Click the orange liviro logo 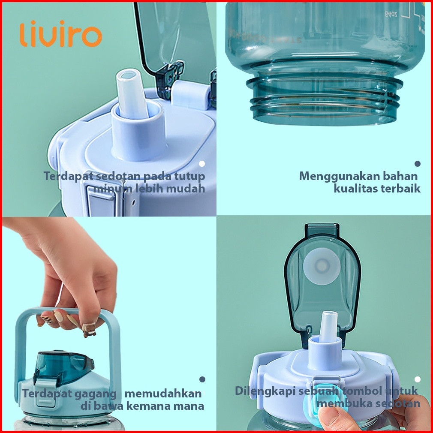coord(61,34)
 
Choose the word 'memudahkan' coord(163,394)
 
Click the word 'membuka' coord(342,403)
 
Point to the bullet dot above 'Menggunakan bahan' coord(418,164)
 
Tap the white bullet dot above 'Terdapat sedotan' coord(202,164)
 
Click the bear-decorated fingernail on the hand coord(89,330)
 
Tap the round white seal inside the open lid coord(322,266)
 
